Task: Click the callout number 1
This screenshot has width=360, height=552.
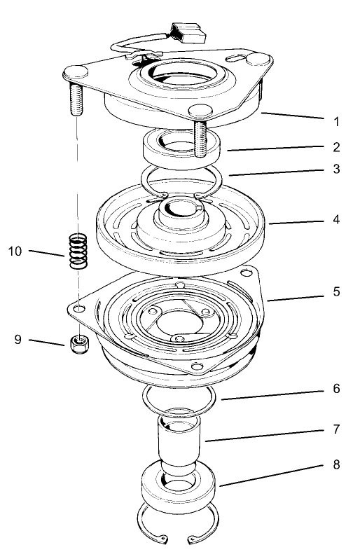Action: click(336, 121)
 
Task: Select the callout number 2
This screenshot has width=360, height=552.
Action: click(336, 148)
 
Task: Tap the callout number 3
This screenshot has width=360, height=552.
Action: click(336, 170)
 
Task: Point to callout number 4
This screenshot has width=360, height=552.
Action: click(336, 219)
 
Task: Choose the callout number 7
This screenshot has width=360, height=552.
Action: click(336, 427)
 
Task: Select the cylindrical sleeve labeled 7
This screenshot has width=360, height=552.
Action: click(180, 445)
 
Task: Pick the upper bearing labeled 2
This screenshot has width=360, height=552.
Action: click(181, 148)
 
